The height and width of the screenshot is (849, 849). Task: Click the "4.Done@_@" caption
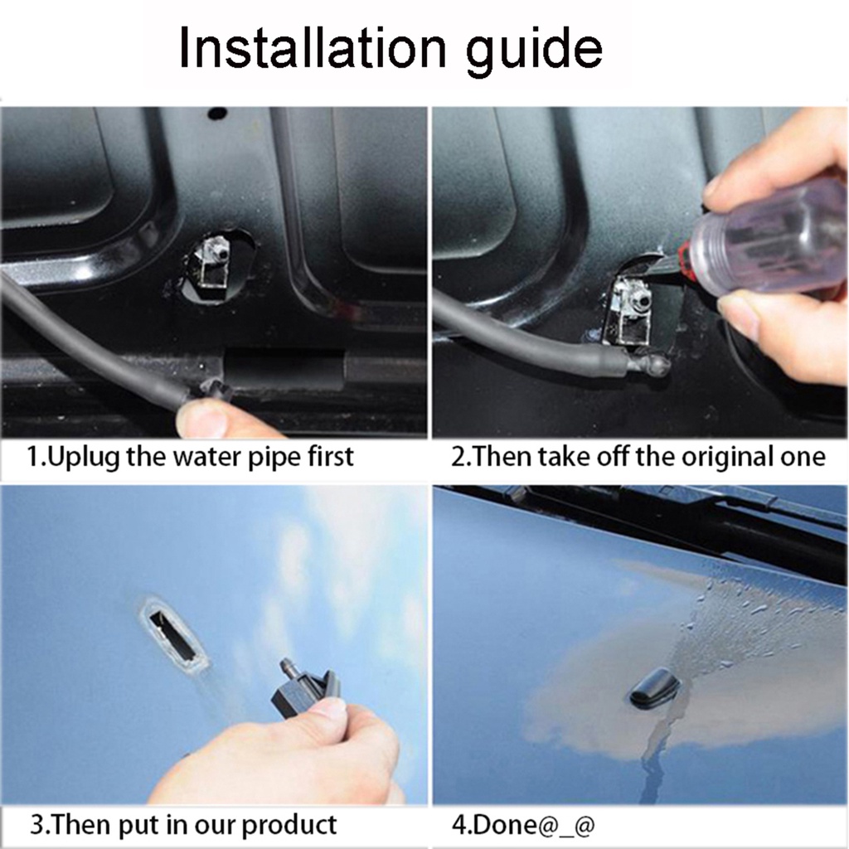[523, 825]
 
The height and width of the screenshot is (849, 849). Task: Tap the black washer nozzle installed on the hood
[655, 687]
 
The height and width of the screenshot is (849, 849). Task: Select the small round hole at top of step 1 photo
[217, 114]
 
